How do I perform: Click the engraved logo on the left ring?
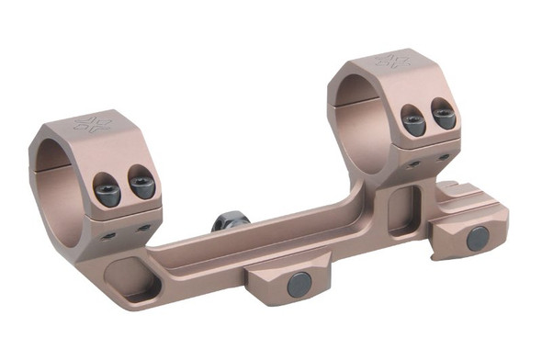point(93,122)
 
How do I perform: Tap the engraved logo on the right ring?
point(392,62)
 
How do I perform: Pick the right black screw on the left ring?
point(141,186)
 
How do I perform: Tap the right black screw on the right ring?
point(444,116)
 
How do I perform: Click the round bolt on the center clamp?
point(298,286)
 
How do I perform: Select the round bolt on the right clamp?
point(477,239)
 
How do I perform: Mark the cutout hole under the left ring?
point(138,281)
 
